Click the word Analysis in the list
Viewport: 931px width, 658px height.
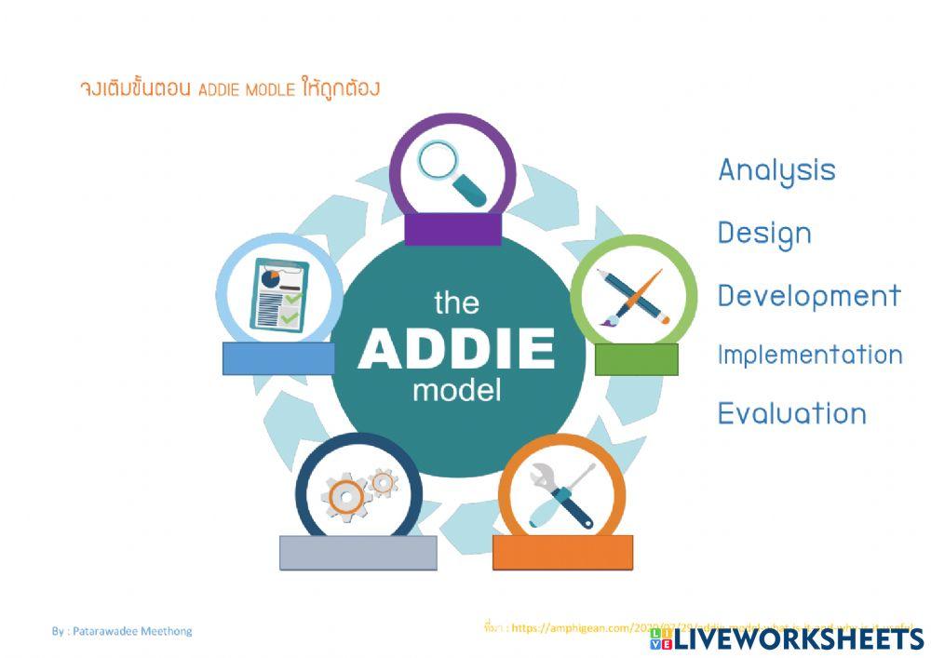pos(776,171)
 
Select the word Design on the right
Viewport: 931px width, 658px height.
pos(764,234)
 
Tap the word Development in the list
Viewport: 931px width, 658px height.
pos(809,296)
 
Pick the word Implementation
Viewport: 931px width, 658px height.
pos(809,355)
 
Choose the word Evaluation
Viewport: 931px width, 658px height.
pos(791,413)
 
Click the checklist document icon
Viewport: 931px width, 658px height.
pos(278,294)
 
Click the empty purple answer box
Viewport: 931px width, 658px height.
pos(453,230)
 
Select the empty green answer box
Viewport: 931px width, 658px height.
pos(636,359)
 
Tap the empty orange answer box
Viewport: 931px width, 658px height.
pos(562,552)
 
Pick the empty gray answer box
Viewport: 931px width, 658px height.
pos(358,552)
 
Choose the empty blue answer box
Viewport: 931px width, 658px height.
pos(278,358)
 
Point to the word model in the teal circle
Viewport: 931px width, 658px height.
pos(456,389)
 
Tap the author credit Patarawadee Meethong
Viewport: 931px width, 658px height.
pos(122,631)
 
